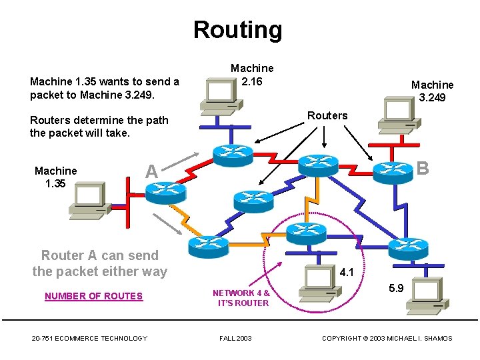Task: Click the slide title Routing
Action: pyautogui.click(x=237, y=30)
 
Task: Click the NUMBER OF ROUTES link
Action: pyautogui.click(x=93, y=296)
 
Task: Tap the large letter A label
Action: pyautogui.click(x=151, y=171)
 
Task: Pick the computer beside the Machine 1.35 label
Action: pyautogui.click(x=89, y=199)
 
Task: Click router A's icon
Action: pyautogui.click(x=165, y=192)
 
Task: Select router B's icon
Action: pyautogui.click(x=393, y=171)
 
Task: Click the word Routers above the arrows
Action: pyautogui.click(x=327, y=115)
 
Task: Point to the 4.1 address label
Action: pyautogui.click(x=347, y=272)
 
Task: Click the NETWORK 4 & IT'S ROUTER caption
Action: pyautogui.click(x=241, y=297)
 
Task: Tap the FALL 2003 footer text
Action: pyautogui.click(x=235, y=339)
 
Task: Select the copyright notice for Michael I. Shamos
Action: pyautogui.click(x=387, y=339)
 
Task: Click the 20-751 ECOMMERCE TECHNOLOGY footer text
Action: pyautogui.click(x=89, y=339)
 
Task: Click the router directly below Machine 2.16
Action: pyautogui.click(x=233, y=155)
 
